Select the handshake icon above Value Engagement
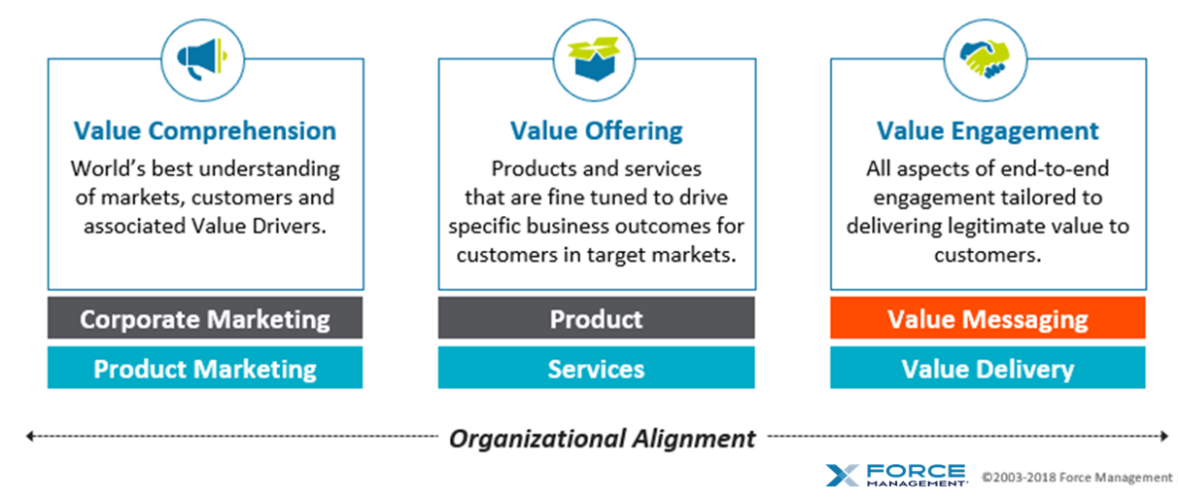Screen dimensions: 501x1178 tap(987, 57)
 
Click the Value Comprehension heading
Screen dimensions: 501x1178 tap(205, 130)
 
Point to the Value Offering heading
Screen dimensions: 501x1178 tap(596, 130)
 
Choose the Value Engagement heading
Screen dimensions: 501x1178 tap(987, 130)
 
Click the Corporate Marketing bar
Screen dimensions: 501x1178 tap(205, 318)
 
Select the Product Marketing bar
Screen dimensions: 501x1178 tap(205, 368)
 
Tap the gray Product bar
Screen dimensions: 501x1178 tap(596, 318)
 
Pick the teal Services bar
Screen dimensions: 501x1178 tap(596, 368)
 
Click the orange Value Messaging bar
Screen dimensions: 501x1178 tap(987, 318)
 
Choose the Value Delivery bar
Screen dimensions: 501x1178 tap(987, 368)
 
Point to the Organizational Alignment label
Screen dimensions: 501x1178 tap(602, 438)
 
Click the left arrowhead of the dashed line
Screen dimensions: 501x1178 tap(30, 437)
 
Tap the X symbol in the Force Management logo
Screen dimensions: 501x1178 tap(843, 476)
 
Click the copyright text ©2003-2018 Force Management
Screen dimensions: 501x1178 tap(1076, 477)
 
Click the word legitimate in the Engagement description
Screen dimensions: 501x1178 tap(1018, 226)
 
